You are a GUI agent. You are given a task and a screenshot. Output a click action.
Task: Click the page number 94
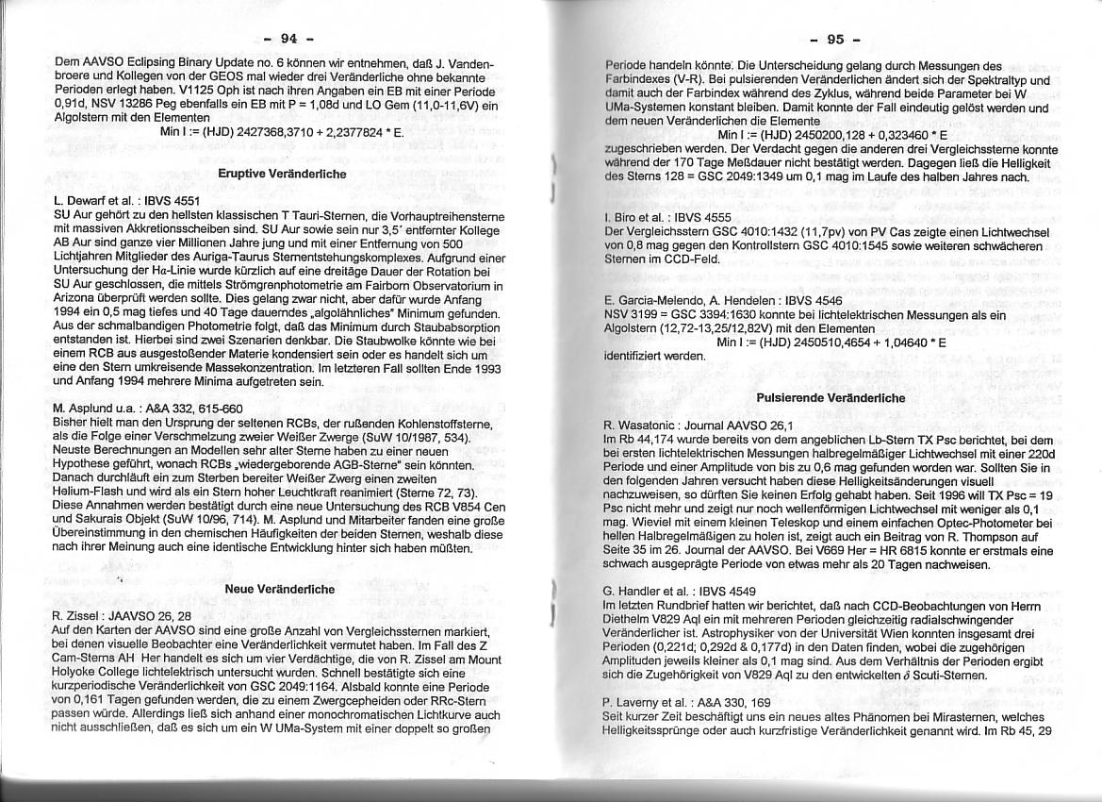click(x=288, y=39)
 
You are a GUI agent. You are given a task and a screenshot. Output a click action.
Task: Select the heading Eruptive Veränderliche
click(x=282, y=175)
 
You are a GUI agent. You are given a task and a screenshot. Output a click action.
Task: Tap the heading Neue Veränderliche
click(x=280, y=589)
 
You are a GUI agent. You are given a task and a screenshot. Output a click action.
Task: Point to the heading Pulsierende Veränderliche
click(x=831, y=398)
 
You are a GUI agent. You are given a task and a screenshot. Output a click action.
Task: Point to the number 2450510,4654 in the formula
click(x=825, y=342)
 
